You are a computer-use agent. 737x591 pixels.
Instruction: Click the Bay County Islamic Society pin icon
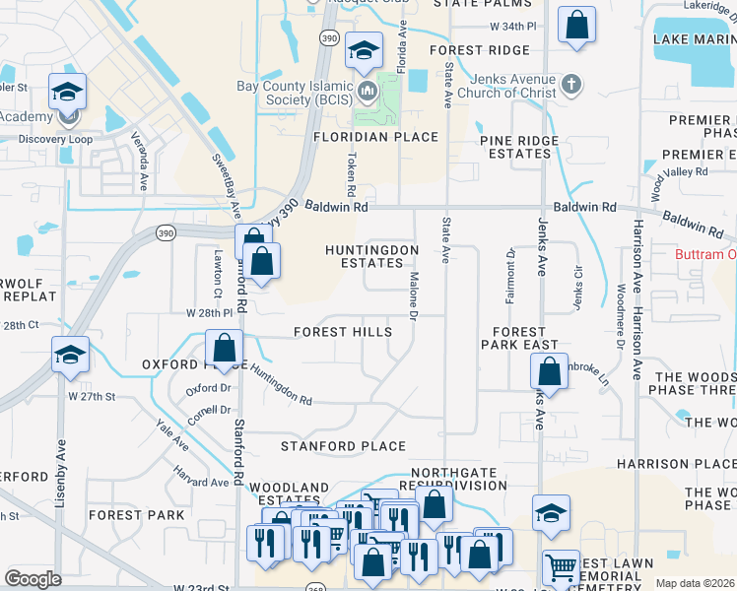pyautogui.click(x=368, y=94)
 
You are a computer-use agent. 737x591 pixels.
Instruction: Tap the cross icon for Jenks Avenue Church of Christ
pyautogui.click(x=571, y=87)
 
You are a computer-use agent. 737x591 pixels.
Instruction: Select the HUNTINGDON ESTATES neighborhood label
pyautogui.click(x=372, y=257)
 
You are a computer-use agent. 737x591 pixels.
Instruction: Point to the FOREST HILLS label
pyautogui.click(x=343, y=333)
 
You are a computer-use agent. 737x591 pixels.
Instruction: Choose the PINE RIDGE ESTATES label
pyautogui.click(x=519, y=148)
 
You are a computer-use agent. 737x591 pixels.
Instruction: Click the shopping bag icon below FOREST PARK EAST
pyautogui.click(x=549, y=371)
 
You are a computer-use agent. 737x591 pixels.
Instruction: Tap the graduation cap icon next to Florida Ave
pyautogui.click(x=364, y=49)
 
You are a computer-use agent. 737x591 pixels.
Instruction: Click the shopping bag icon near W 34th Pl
pyautogui.click(x=576, y=24)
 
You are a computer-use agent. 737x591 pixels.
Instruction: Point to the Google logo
pyautogui.click(x=33, y=579)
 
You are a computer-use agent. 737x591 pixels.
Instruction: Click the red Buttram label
pyautogui.click(x=705, y=254)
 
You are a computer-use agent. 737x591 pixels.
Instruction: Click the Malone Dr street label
pyautogui.click(x=414, y=295)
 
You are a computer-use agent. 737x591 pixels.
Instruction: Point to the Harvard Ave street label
pyautogui.click(x=205, y=482)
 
